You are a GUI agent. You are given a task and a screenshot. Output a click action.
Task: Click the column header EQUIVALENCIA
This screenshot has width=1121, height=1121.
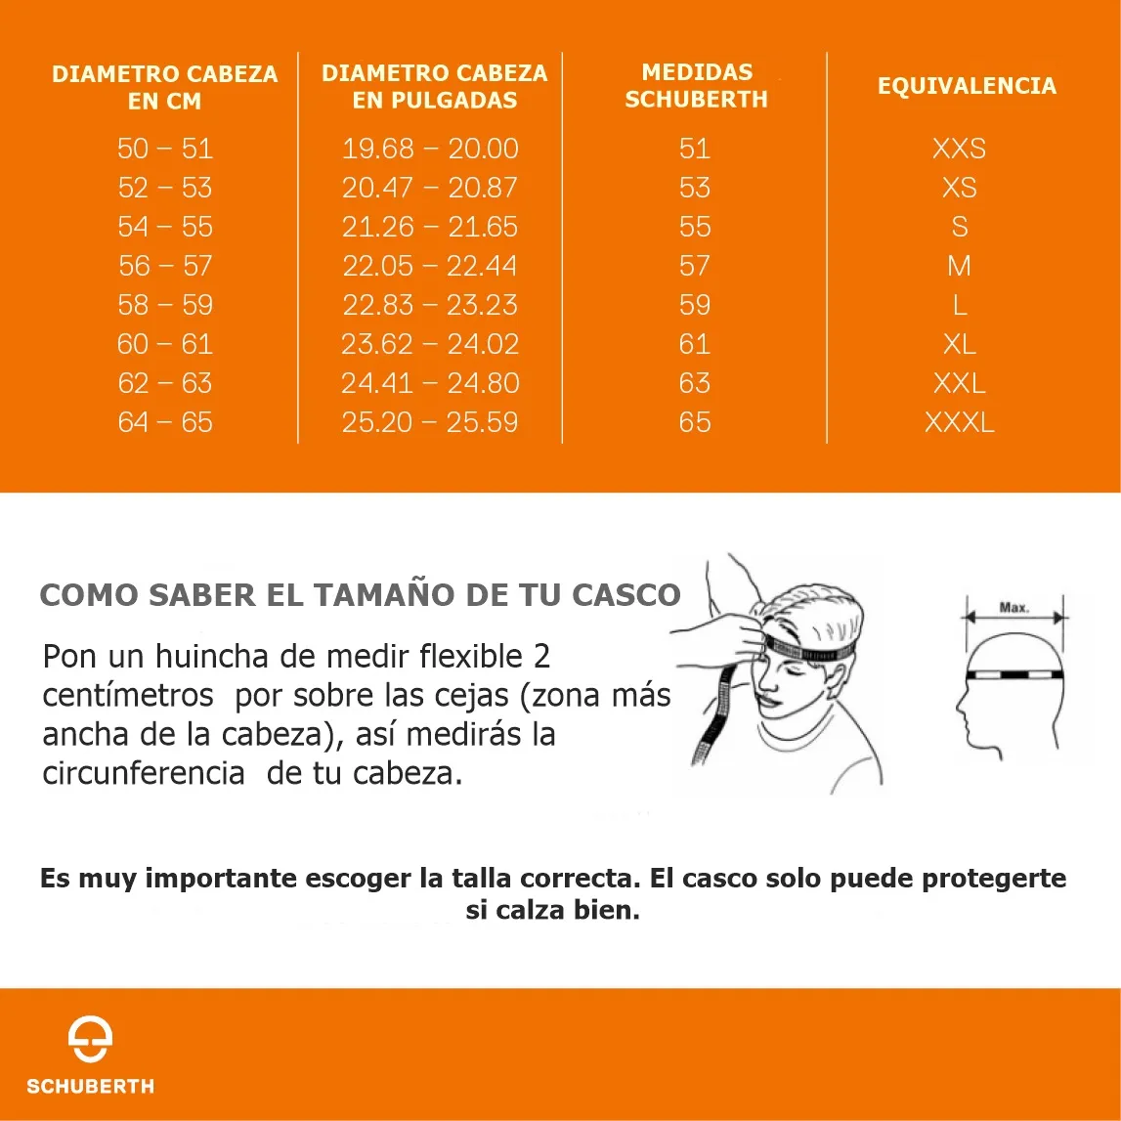[967, 86]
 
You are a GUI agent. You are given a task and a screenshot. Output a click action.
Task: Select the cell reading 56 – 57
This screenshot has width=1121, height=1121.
[165, 266]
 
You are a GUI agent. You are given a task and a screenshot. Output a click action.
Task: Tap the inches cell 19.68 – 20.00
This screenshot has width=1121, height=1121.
[430, 149]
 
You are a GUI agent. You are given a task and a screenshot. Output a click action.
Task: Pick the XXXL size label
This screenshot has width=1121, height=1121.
[960, 422]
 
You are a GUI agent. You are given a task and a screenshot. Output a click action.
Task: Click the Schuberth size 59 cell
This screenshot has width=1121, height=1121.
[695, 305]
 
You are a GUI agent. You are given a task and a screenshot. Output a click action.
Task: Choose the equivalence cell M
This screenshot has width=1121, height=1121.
[960, 266]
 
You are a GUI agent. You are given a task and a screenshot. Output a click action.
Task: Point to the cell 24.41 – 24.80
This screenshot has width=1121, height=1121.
[430, 383]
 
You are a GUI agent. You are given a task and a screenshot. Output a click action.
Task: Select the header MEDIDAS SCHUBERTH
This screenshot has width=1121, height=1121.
[696, 85]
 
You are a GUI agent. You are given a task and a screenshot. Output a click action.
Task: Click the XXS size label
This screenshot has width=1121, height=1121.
[960, 149]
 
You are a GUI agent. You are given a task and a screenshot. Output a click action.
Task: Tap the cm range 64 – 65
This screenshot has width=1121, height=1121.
[165, 422]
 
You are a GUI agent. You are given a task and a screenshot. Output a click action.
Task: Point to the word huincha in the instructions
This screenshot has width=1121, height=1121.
[212, 656]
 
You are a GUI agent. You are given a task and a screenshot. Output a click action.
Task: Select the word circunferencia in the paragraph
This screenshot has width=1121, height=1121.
[144, 773]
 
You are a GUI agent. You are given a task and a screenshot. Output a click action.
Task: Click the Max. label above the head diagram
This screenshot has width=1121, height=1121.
[1013, 608]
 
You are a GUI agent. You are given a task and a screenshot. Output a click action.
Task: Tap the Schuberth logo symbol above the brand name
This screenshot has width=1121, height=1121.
[90, 1038]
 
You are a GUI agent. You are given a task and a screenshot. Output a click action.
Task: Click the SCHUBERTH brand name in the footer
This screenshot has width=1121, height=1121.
[90, 1086]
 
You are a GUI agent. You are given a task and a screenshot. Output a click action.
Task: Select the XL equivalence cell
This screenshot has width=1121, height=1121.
[960, 344]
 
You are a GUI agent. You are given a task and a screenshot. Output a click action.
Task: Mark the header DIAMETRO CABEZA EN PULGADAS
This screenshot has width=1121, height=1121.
[435, 86]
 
